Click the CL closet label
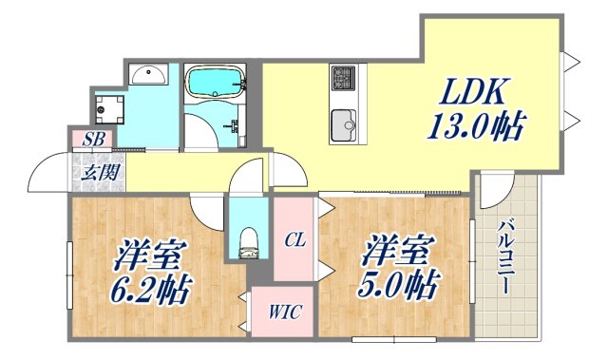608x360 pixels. tap(294, 241)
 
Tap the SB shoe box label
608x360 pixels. tap(93, 140)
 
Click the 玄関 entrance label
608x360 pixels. tap(93, 173)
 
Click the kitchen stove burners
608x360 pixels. tap(342, 76)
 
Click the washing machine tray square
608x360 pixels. tap(107, 107)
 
